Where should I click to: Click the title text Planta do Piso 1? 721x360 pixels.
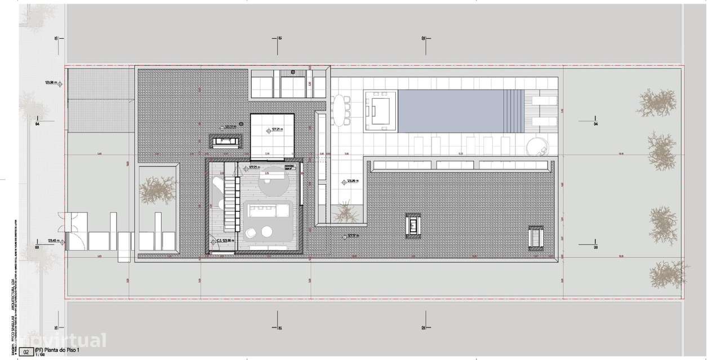[x=59, y=350]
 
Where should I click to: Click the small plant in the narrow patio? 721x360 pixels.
[x=345, y=212]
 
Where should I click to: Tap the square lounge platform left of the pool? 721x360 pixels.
[x=380, y=109]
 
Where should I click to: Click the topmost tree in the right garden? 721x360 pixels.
[x=657, y=103]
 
